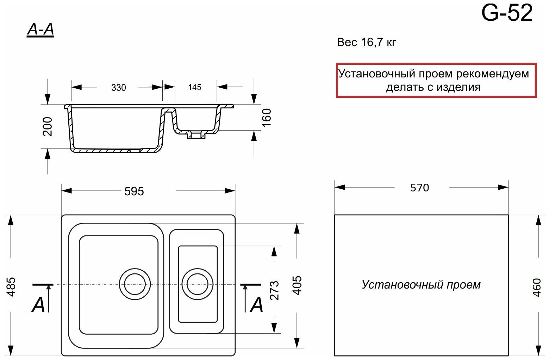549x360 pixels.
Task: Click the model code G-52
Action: point(507,13)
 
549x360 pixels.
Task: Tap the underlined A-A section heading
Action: point(40,30)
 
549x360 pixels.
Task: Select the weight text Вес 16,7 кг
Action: point(367,43)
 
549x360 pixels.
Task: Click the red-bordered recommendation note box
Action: point(436,80)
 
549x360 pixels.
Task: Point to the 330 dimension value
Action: point(118,87)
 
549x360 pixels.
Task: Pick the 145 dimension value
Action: point(194,87)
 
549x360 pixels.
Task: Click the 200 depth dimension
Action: point(48,126)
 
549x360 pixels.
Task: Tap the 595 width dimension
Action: point(134,191)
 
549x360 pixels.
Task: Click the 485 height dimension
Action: point(12,286)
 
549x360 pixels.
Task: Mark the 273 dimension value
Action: point(274,290)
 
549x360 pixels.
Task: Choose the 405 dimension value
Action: point(298,285)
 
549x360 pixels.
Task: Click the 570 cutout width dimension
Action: point(420,188)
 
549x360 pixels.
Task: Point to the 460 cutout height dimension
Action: point(537,287)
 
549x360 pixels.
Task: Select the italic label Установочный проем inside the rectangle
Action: point(421,284)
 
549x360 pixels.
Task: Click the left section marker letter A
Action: point(38,305)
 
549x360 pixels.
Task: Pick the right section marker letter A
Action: point(256,305)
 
